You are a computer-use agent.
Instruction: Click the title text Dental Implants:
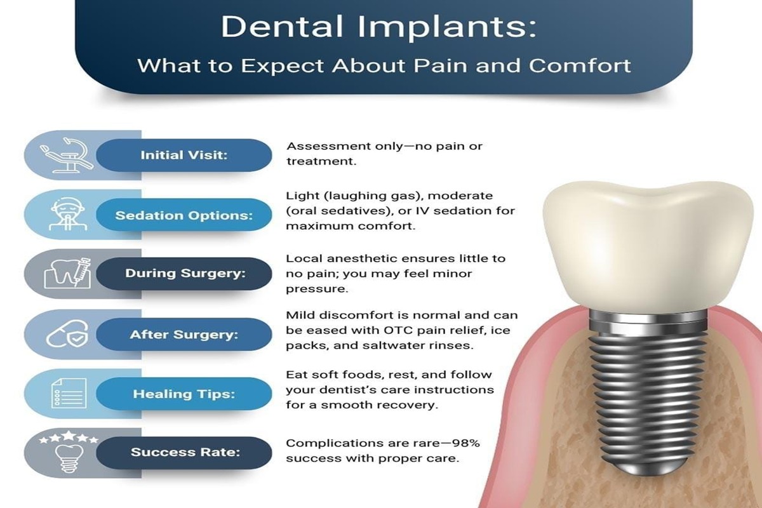click(378, 27)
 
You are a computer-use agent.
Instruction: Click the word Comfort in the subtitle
click(579, 65)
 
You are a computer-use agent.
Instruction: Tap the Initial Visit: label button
click(184, 155)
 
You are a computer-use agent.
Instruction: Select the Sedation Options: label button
click(184, 215)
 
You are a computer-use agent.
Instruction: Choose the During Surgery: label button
click(184, 274)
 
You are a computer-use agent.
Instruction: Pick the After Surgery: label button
click(184, 335)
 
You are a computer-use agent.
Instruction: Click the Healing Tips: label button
click(184, 394)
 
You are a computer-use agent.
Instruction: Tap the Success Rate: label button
click(184, 453)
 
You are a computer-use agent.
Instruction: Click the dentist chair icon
click(67, 155)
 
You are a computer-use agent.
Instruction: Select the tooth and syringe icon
click(68, 273)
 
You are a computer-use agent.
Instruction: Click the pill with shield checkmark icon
click(67, 334)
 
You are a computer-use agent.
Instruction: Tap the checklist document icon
click(69, 393)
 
